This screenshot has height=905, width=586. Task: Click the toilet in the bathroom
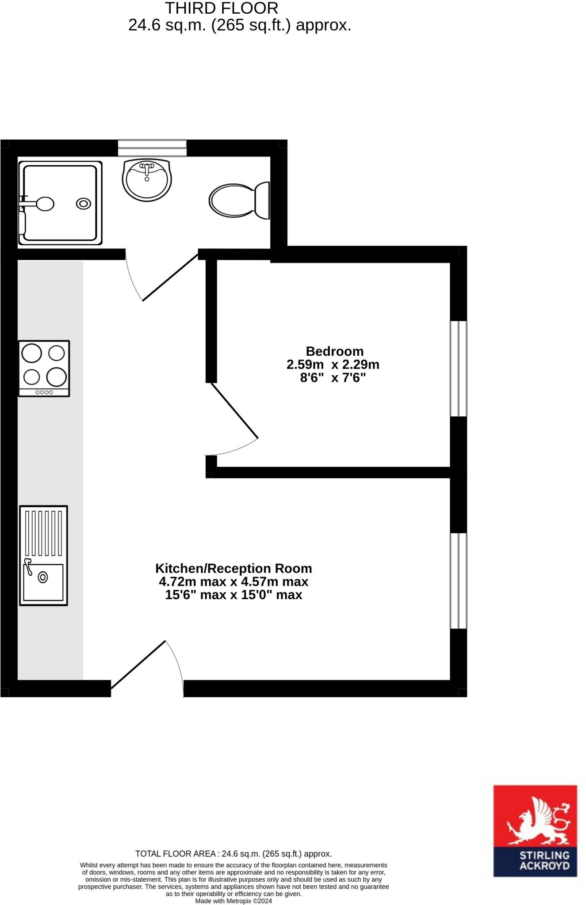[239, 201]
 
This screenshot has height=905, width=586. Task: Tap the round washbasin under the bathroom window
[147, 179]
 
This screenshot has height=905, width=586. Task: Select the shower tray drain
[84, 204]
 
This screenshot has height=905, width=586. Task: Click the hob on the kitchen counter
[44, 368]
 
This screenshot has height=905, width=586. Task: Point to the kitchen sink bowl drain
[43, 577]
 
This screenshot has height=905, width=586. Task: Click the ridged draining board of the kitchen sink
[43, 533]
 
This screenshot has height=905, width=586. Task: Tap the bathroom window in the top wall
[152, 148]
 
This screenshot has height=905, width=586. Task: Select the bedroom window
[459, 369]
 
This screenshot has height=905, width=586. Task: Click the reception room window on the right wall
[459, 581]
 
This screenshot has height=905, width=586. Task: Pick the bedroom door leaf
[234, 411]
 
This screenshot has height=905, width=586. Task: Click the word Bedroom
[335, 351]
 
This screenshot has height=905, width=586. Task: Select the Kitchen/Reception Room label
[234, 568]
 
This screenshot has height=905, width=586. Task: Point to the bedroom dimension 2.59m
[305, 365]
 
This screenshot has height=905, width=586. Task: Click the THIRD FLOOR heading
[222, 8]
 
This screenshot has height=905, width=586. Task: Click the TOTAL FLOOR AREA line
[234, 854]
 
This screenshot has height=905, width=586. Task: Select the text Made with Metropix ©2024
[234, 901]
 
